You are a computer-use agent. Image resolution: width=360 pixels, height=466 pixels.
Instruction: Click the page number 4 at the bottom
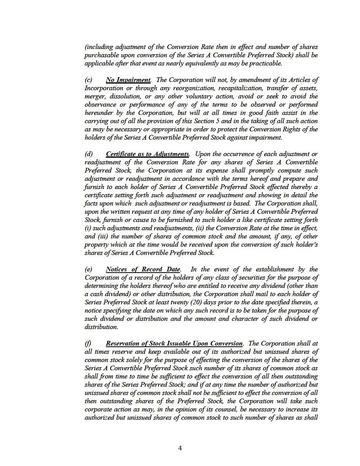coord(180,448)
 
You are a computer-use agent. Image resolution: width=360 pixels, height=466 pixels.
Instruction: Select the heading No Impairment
coord(128,80)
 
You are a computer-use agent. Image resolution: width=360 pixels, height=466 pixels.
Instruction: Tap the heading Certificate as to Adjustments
coord(147,154)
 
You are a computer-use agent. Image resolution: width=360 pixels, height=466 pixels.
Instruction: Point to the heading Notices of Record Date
coord(143,269)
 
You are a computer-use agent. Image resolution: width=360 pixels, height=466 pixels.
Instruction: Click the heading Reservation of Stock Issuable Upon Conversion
coord(174,344)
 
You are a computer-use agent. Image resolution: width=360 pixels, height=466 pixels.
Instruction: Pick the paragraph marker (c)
coord(89,80)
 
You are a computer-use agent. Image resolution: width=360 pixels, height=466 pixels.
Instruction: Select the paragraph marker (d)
coord(89,154)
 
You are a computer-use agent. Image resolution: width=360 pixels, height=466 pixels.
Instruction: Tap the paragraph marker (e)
coord(89,269)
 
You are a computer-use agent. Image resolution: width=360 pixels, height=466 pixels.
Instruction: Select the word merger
coord(94,96)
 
